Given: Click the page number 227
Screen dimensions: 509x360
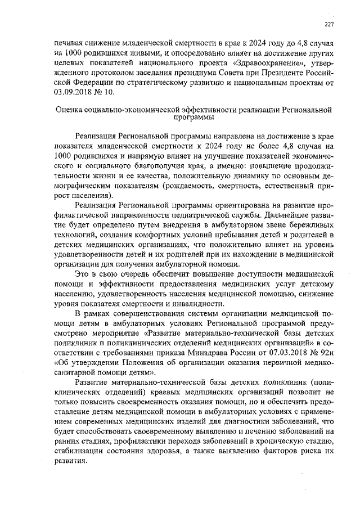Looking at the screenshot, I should tap(330, 23).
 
